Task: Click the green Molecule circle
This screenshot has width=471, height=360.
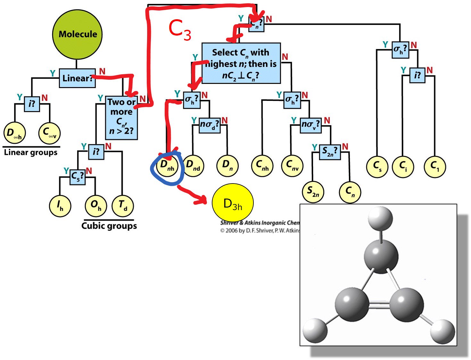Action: coord(77,34)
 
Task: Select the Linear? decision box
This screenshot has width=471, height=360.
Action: coord(77,78)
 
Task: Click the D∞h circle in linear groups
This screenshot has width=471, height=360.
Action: coord(14,133)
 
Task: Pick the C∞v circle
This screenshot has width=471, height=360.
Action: coord(49,133)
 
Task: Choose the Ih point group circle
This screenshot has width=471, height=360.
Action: coord(60,206)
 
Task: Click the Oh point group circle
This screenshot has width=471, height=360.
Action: coord(96,206)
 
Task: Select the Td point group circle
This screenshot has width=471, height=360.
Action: coord(123,206)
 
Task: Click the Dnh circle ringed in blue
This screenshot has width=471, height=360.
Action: coord(167,166)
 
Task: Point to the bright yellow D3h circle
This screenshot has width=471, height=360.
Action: coord(233,203)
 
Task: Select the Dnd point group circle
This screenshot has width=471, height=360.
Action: coord(193,166)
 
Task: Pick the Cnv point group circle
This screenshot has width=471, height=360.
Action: coord(292,166)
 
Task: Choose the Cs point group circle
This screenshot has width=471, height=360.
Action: coord(377,167)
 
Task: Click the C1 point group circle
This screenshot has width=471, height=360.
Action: coord(435,167)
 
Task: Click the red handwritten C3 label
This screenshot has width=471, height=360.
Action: coord(180,30)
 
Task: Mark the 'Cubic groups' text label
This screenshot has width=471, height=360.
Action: coord(109,226)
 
